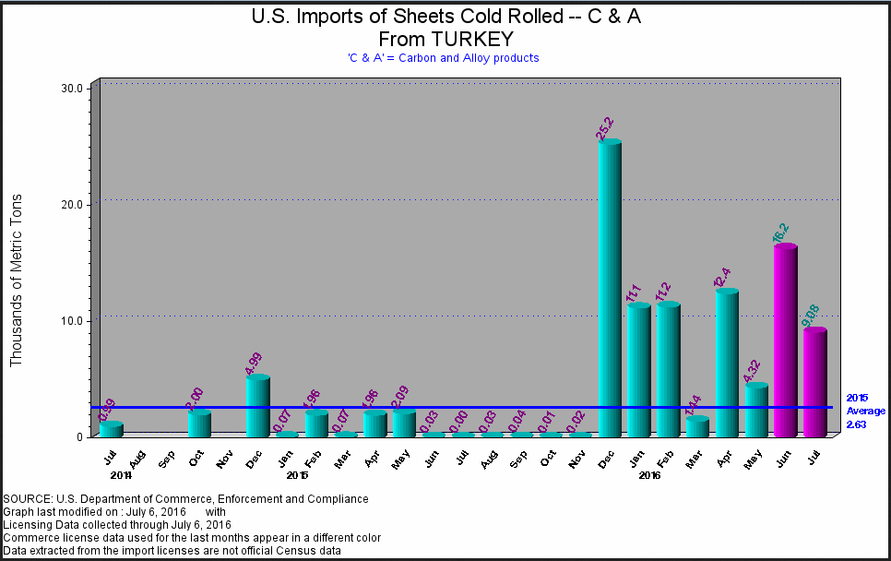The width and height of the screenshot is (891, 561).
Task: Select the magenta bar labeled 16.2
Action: tap(785, 340)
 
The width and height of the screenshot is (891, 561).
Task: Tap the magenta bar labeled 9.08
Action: tap(814, 382)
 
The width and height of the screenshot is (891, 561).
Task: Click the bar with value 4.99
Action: tap(258, 405)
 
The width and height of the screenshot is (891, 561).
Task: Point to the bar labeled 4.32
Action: tap(756, 410)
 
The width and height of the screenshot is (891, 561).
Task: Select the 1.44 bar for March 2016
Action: tap(697, 426)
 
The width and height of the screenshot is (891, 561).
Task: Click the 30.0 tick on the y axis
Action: tap(73, 88)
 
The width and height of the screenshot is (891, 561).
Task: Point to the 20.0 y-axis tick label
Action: tap(73, 204)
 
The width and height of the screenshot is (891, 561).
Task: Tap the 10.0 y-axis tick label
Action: tap(73, 320)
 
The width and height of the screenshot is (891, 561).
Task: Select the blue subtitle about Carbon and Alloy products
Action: tap(444, 57)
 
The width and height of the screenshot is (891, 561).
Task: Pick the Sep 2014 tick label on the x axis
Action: tap(166, 457)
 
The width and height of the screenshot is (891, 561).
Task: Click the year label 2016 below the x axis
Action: tap(650, 475)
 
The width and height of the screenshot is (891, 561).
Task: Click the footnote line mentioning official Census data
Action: tap(172, 551)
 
